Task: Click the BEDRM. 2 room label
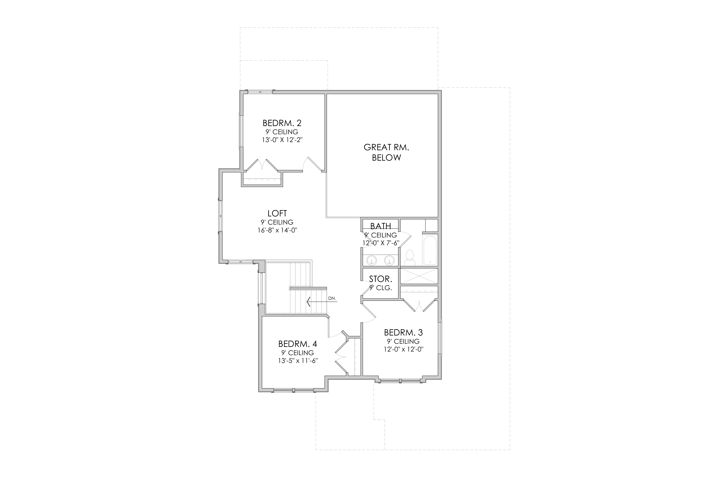tap(282, 123)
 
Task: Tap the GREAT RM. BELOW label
tap(386, 152)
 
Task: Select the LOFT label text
tap(277, 213)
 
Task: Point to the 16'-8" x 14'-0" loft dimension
tap(277, 230)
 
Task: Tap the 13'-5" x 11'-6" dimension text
tap(298, 361)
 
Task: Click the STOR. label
tap(381, 279)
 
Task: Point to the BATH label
tap(381, 226)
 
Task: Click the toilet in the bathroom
tap(410, 258)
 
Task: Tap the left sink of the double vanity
tap(372, 260)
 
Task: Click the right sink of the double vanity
tap(390, 260)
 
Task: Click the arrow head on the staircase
tap(309, 302)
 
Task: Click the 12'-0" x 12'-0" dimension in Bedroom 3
tap(403, 349)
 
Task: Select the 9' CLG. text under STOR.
tap(381, 288)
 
